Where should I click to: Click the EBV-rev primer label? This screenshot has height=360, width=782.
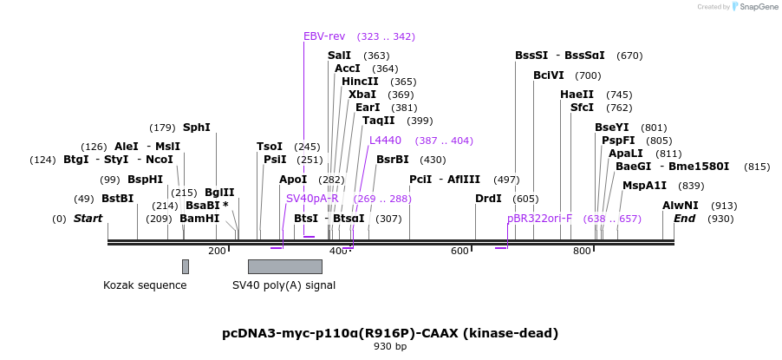tap(324, 36)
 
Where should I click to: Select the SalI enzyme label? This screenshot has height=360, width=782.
tap(339, 56)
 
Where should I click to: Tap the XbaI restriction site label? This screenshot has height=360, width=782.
tap(362, 95)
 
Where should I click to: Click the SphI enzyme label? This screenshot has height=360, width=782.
tap(197, 128)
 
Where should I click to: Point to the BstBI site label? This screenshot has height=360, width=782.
tap(118, 199)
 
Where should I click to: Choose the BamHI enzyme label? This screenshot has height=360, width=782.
tap(199, 219)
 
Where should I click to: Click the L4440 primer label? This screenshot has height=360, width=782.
tap(385, 141)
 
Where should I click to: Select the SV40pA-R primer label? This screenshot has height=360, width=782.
tap(312, 199)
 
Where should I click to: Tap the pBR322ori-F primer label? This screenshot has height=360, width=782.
tap(539, 219)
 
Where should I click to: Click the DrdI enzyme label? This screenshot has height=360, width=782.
tap(488, 199)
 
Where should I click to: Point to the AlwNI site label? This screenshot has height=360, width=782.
tap(681, 206)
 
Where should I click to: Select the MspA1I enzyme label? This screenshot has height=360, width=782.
tap(644, 186)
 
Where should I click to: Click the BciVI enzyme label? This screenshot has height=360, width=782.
tap(549, 75)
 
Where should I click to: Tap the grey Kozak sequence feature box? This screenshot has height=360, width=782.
tap(185, 266)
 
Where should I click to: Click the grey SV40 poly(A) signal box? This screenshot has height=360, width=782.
tap(284, 266)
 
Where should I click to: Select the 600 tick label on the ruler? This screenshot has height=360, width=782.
tap(459, 251)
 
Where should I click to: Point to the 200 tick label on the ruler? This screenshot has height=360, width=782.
tap(217, 251)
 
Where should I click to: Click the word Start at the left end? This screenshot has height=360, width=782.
tap(88, 219)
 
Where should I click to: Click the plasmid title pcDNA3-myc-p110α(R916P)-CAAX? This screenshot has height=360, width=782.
tap(390, 333)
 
